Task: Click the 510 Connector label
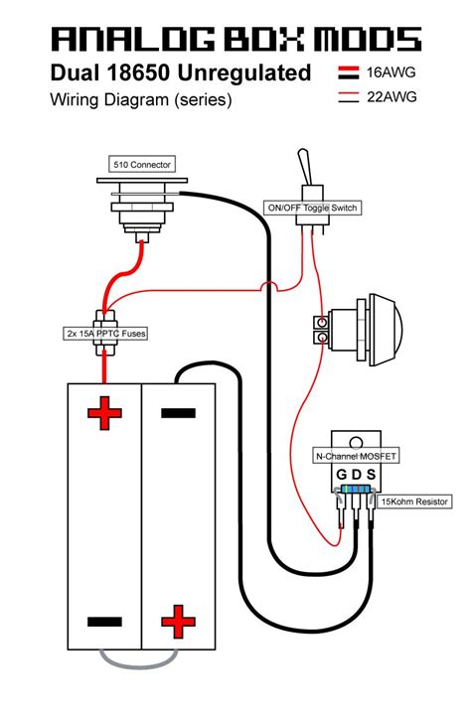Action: click(x=142, y=165)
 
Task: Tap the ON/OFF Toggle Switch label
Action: click(x=312, y=208)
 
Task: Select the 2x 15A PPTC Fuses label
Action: click(x=106, y=334)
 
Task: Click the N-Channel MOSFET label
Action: click(x=356, y=456)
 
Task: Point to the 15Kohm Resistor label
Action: click(x=414, y=501)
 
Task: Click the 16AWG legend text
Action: click(x=392, y=72)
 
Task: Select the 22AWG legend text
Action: click(x=392, y=96)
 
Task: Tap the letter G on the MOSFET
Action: click(x=341, y=475)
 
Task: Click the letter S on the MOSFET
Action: click(x=371, y=475)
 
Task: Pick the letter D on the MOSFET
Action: click(x=357, y=475)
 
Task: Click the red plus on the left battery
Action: click(x=104, y=413)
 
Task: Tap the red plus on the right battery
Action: click(x=178, y=622)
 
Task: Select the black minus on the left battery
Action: click(x=104, y=622)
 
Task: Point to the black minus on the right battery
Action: click(x=178, y=413)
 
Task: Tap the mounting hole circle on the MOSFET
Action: click(x=356, y=443)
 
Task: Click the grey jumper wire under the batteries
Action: click(x=138, y=664)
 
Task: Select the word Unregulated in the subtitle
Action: click(x=244, y=73)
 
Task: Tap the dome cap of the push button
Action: click(x=388, y=330)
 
